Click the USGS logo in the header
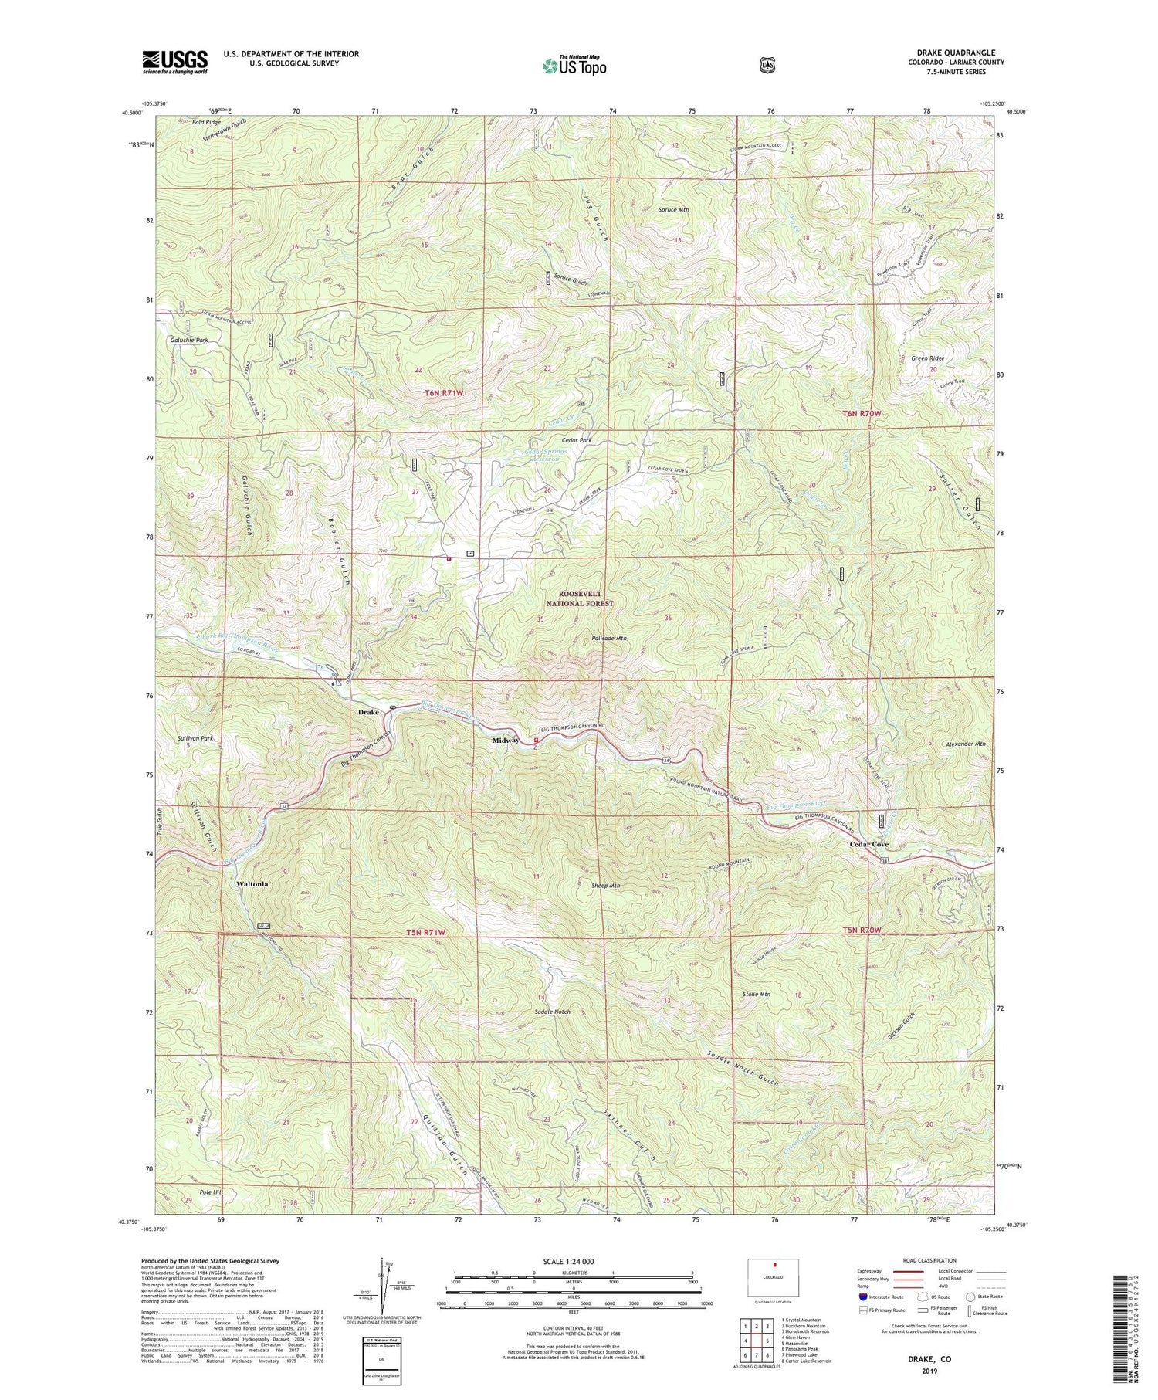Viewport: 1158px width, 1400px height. tap(174, 62)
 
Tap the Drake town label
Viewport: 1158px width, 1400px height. tap(368, 712)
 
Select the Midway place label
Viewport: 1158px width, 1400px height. tap(506, 741)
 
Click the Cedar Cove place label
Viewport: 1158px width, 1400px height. tap(868, 844)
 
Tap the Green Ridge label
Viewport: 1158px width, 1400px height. tap(927, 358)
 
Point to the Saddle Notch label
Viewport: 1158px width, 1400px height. tap(552, 1011)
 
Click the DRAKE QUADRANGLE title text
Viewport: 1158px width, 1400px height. tap(956, 53)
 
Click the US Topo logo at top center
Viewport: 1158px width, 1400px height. tap(574, 66)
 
